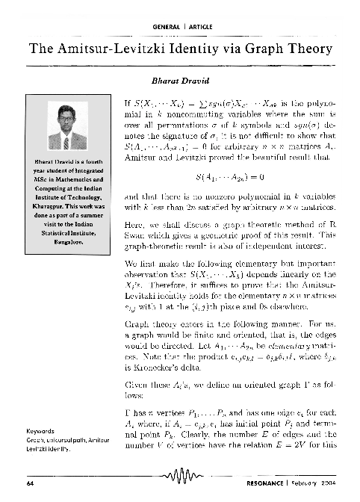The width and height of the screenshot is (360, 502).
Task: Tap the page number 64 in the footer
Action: click(30, 484)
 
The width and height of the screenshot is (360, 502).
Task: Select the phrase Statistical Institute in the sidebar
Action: click(63, 233)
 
